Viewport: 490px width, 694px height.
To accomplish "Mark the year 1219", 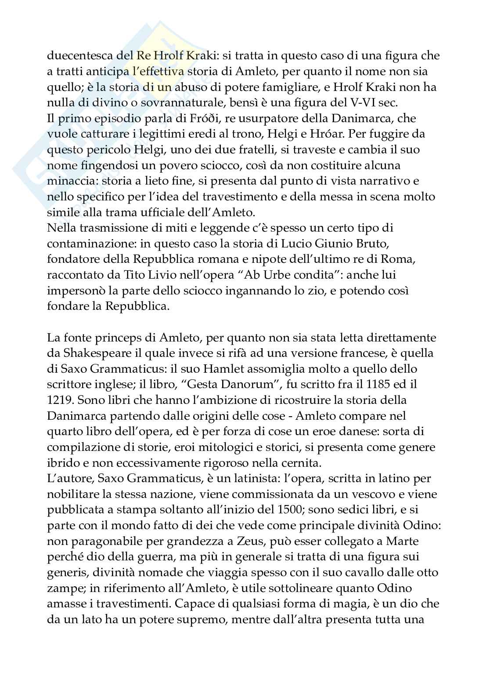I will coord(58,400).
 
